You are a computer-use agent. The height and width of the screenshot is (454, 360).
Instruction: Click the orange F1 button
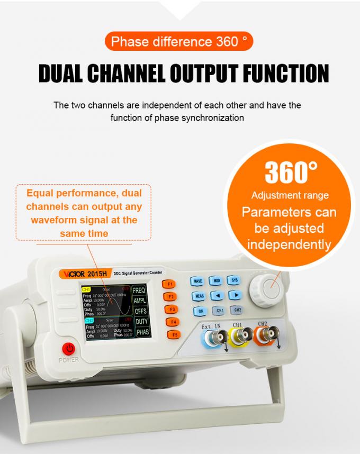[x=170, y=284]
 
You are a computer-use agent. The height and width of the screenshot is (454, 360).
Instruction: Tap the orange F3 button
[x=172, y=309]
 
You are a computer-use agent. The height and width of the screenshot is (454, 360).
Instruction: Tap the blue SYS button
[x=233, y=280]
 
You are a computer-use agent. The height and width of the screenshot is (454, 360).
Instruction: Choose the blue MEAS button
[x=199, y=296]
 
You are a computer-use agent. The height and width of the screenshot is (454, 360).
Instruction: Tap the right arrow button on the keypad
[x=236, y=294]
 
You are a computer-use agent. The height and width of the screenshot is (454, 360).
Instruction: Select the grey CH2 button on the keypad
[x=238, y=310]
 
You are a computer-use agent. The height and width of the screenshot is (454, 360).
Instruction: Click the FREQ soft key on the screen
[x=140, y=290]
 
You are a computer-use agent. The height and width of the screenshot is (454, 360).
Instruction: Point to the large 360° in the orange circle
[x=289, y=171]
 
